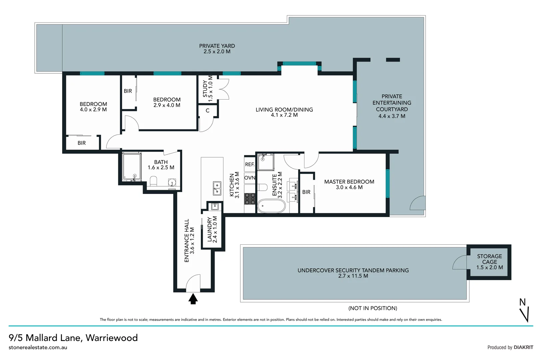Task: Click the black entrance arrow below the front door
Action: pyautogui.click(x=193, y=299)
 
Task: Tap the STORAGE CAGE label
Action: pyautogui.click(x=489, y=262)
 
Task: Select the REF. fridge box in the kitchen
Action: pyautogui.click(x=250, y=164)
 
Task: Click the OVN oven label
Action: pyautogui.click(x=250, y=178)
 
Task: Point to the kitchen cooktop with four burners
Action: pyautogui.click(x=250, y=199)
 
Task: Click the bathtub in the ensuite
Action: pyautogui.click(x=271, y=206)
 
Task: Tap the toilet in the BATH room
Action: pyautogui.click(x=154, y=182)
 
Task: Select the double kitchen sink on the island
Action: pyautogui.click(x=217, y=188)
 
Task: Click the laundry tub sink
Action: pyautogui.click(x=215, y=206)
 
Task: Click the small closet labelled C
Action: pyautogui.click(x=208, y=111)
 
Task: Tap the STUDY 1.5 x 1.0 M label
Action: pyautogui.click(x=208, y=89)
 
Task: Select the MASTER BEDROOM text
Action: pyautogui.click(x=349, y=182)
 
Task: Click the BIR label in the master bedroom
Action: pyautogui.click(x=306, y=192)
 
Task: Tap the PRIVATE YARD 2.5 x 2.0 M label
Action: pyautogui.click(x=217, y=49)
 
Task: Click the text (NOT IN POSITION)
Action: pyautogui.click(x=372, y=308)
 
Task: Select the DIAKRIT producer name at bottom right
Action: pyautogui.click(x=523, y=347)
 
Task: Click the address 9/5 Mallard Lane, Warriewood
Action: pyautogui.click(x=73, y=338)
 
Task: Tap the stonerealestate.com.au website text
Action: pyautogui.click(x=38, y=347)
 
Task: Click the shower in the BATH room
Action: pyautogui.click(x=131, y=167)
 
